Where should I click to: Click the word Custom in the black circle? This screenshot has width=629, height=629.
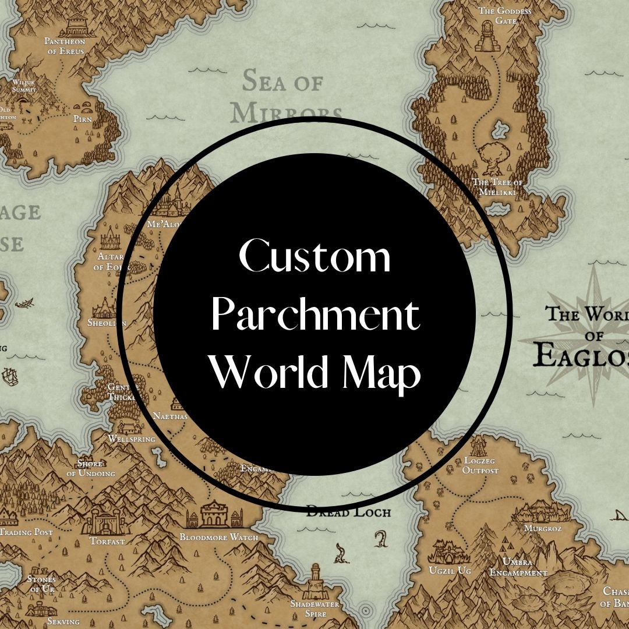(314, 257)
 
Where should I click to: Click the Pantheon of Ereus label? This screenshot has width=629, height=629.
(65, 46)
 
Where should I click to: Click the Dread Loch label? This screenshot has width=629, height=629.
(348, 513)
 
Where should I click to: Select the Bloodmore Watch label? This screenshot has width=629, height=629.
(218, 537)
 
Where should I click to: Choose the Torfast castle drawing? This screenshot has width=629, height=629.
(106, 521)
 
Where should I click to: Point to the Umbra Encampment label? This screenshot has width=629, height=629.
(518, 567)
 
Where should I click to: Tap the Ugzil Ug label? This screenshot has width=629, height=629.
(450, 571)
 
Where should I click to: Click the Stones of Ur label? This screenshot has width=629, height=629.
(41, 584)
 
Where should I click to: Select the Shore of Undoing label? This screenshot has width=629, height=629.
(90, 469)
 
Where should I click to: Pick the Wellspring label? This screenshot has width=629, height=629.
(132, 439)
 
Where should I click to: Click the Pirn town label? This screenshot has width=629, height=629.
(83, 119)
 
